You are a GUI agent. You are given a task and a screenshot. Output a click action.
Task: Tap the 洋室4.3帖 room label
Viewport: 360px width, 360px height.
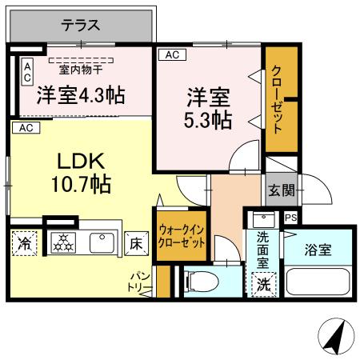pyautogui.click(x=81, y=95)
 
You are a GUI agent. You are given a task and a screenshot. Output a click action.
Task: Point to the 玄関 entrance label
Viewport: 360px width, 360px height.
pyautogui.click(x=281, y=190)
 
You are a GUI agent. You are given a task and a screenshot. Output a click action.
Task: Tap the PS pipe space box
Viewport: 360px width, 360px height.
pyautogui.click(x=290, y=217)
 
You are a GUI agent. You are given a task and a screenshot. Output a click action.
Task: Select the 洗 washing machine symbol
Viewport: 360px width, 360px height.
pyautogui.click(x=263, y=283)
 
